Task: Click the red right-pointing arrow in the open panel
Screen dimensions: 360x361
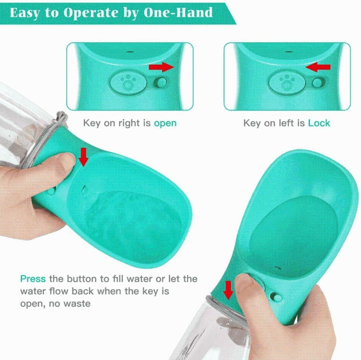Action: click(161, 67)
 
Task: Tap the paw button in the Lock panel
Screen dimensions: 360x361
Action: click(286, 82)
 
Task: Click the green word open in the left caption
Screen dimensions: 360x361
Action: click(165, 123)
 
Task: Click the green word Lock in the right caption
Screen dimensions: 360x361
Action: click(319, 123)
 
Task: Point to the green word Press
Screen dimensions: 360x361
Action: click(33, 278)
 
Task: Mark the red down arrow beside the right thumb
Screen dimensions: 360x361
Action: click(228, 290)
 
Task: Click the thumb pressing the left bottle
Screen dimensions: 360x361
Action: click(63, 163)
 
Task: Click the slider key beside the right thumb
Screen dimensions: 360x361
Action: click(276, 296)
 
